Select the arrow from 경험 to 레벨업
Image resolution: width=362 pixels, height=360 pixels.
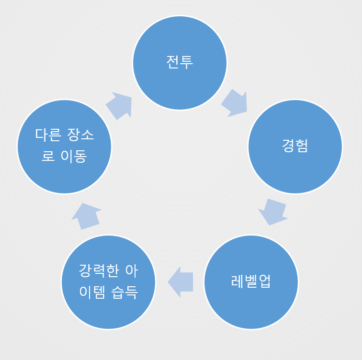pos(272,211)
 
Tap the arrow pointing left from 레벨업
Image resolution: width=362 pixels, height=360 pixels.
pos(181,282)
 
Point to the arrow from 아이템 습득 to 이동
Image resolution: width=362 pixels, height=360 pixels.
pos(86,216)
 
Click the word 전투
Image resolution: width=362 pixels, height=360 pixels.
pos(180,62)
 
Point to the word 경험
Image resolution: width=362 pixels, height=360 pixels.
pos(295,146)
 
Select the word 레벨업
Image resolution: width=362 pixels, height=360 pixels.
pos(251,281)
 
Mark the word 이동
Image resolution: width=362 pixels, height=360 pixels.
pos(74,156)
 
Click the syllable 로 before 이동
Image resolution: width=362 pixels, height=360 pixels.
pos(48,156)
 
